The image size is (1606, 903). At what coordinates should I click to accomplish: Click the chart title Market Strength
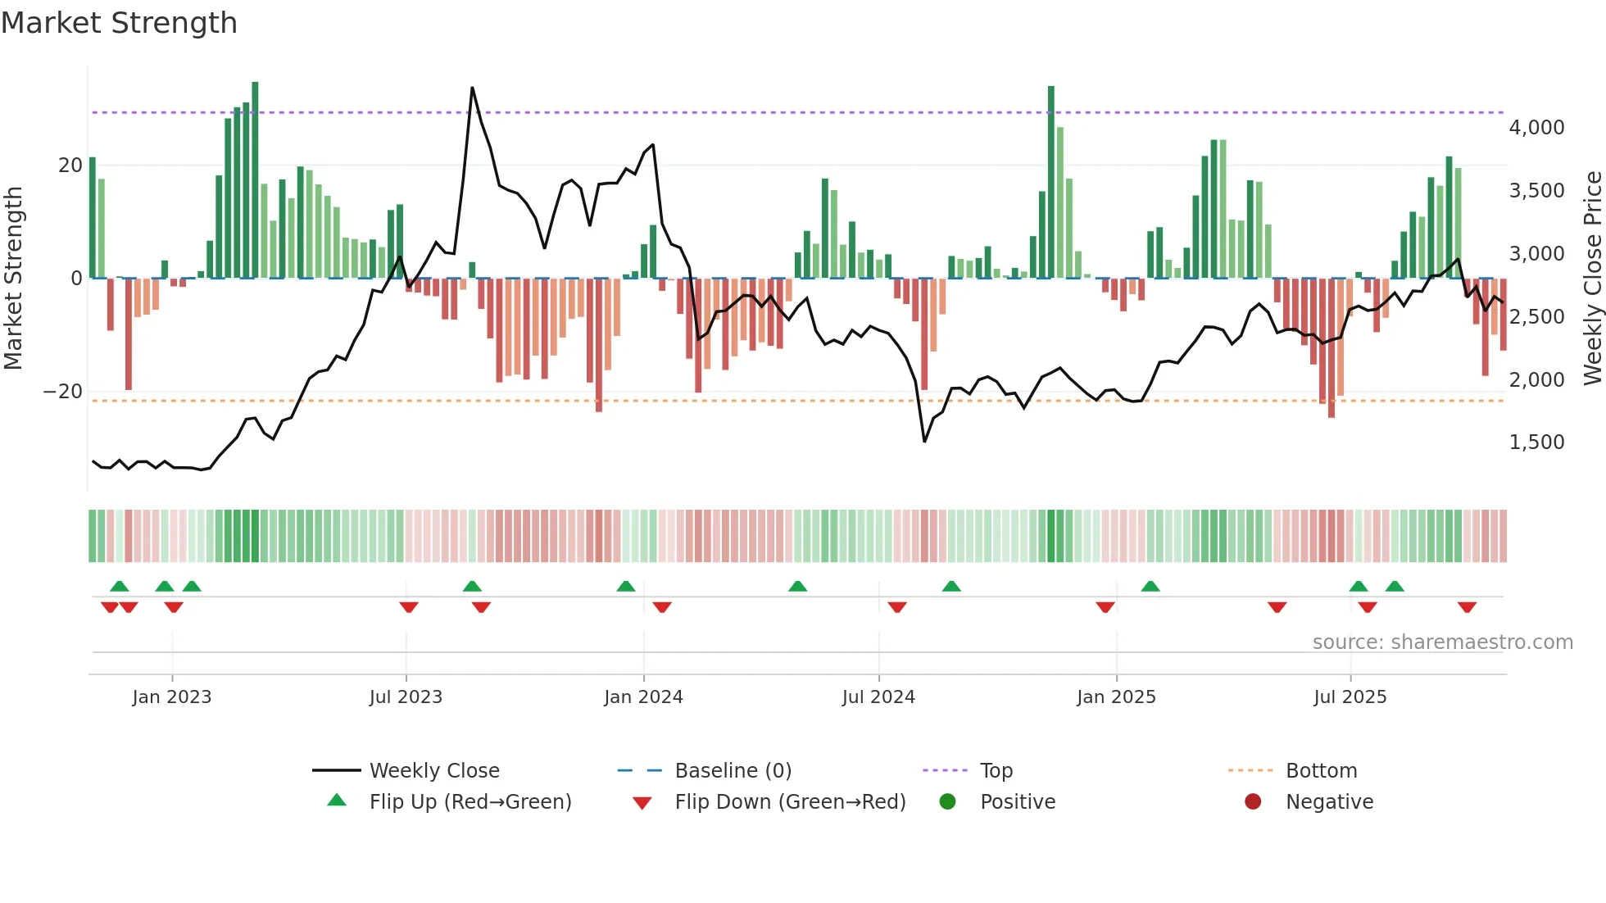[x=119, y=23]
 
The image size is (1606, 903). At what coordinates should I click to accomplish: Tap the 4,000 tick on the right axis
[x=1536, y=128]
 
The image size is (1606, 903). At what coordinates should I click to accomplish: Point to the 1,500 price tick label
[x=1536, y=442]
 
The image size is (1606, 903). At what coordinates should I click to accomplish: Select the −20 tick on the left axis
[x=63, y=392]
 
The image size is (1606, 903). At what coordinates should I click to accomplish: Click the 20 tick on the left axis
[x=70, y=166]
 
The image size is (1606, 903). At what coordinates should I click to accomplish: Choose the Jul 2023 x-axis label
[x=406, y=697]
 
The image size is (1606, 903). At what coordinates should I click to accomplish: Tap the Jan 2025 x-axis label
[x=1116, y=697]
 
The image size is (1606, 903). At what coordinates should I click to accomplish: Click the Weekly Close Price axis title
[x=1592, y=279]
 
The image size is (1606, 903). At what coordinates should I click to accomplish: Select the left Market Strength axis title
[x=14, y=279]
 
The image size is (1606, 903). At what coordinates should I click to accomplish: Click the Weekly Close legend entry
[x=433, y=771]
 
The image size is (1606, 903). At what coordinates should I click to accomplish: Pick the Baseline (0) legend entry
[x=733, y=771]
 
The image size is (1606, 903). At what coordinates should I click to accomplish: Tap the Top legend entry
[x=996, y=771]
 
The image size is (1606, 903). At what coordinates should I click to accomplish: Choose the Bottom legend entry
[x=1321, y=771]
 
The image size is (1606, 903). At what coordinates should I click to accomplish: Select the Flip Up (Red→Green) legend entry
[x=470, y=802]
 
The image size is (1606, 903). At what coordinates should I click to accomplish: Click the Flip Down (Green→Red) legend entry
[x=790, y=802]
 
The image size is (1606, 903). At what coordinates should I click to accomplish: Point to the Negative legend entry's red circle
[x=1253, y=802]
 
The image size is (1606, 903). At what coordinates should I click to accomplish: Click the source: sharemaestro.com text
[x=1442, y=642]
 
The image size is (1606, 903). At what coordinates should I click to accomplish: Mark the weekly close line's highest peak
[x=472, y=88]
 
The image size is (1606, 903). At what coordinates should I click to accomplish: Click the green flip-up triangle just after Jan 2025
[x=1150, y=586]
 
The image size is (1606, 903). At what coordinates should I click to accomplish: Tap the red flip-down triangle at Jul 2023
[x=409, y=607]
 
